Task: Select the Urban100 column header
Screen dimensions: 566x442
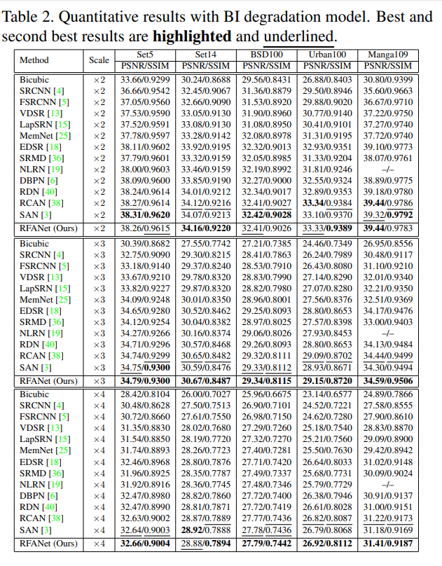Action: (328, 54)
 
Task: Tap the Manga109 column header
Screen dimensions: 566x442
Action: (389, 54)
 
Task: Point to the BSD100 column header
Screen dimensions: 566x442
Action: (266, 54)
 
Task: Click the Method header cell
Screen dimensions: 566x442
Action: (34, 60)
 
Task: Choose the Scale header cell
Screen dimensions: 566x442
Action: (99, 60)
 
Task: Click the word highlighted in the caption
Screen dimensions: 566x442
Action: (191, 36)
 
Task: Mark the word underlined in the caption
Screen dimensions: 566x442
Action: (299, 36)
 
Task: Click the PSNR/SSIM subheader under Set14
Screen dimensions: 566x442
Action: (206, 66)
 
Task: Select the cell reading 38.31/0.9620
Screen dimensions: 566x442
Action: (145, 215)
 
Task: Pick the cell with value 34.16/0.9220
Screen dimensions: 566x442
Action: (206, 228)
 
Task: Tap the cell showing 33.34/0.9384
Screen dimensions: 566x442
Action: (328, 203)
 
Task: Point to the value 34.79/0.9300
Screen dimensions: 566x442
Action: (145, 381)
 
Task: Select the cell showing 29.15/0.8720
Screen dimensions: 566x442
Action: (328, 381)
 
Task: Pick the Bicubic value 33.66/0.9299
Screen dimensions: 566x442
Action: (145, 80)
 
